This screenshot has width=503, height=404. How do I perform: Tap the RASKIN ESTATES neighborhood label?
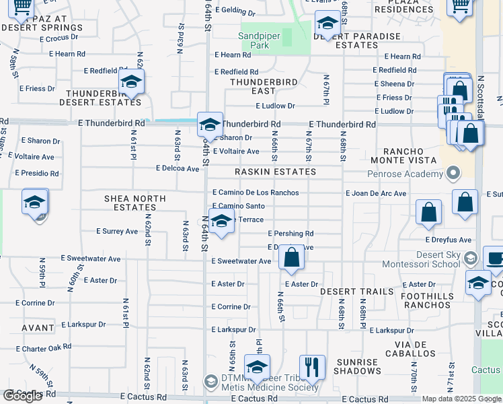click(275, 172)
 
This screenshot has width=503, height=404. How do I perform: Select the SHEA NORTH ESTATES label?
click(130, 203)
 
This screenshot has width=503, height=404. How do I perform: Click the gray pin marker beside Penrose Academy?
click(454, 174)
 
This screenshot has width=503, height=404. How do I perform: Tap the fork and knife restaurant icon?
click(312, 368)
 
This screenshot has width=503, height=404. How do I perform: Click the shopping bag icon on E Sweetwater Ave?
click(291, 258)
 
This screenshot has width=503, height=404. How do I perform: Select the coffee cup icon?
click(494, 259)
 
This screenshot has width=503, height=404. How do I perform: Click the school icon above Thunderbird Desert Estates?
click(131, 82)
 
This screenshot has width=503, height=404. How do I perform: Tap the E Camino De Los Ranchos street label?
click(256, 193)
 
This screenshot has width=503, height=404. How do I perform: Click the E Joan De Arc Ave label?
click(376, 194)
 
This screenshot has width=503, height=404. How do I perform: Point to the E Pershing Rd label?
click(291, 234)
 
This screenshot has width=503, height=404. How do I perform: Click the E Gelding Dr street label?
click(235, 13)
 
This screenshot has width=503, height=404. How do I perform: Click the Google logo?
click(22, 396)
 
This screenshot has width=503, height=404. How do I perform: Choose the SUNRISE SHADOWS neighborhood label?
click(357, 366)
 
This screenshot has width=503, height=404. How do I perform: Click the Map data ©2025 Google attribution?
click(461, 399)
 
